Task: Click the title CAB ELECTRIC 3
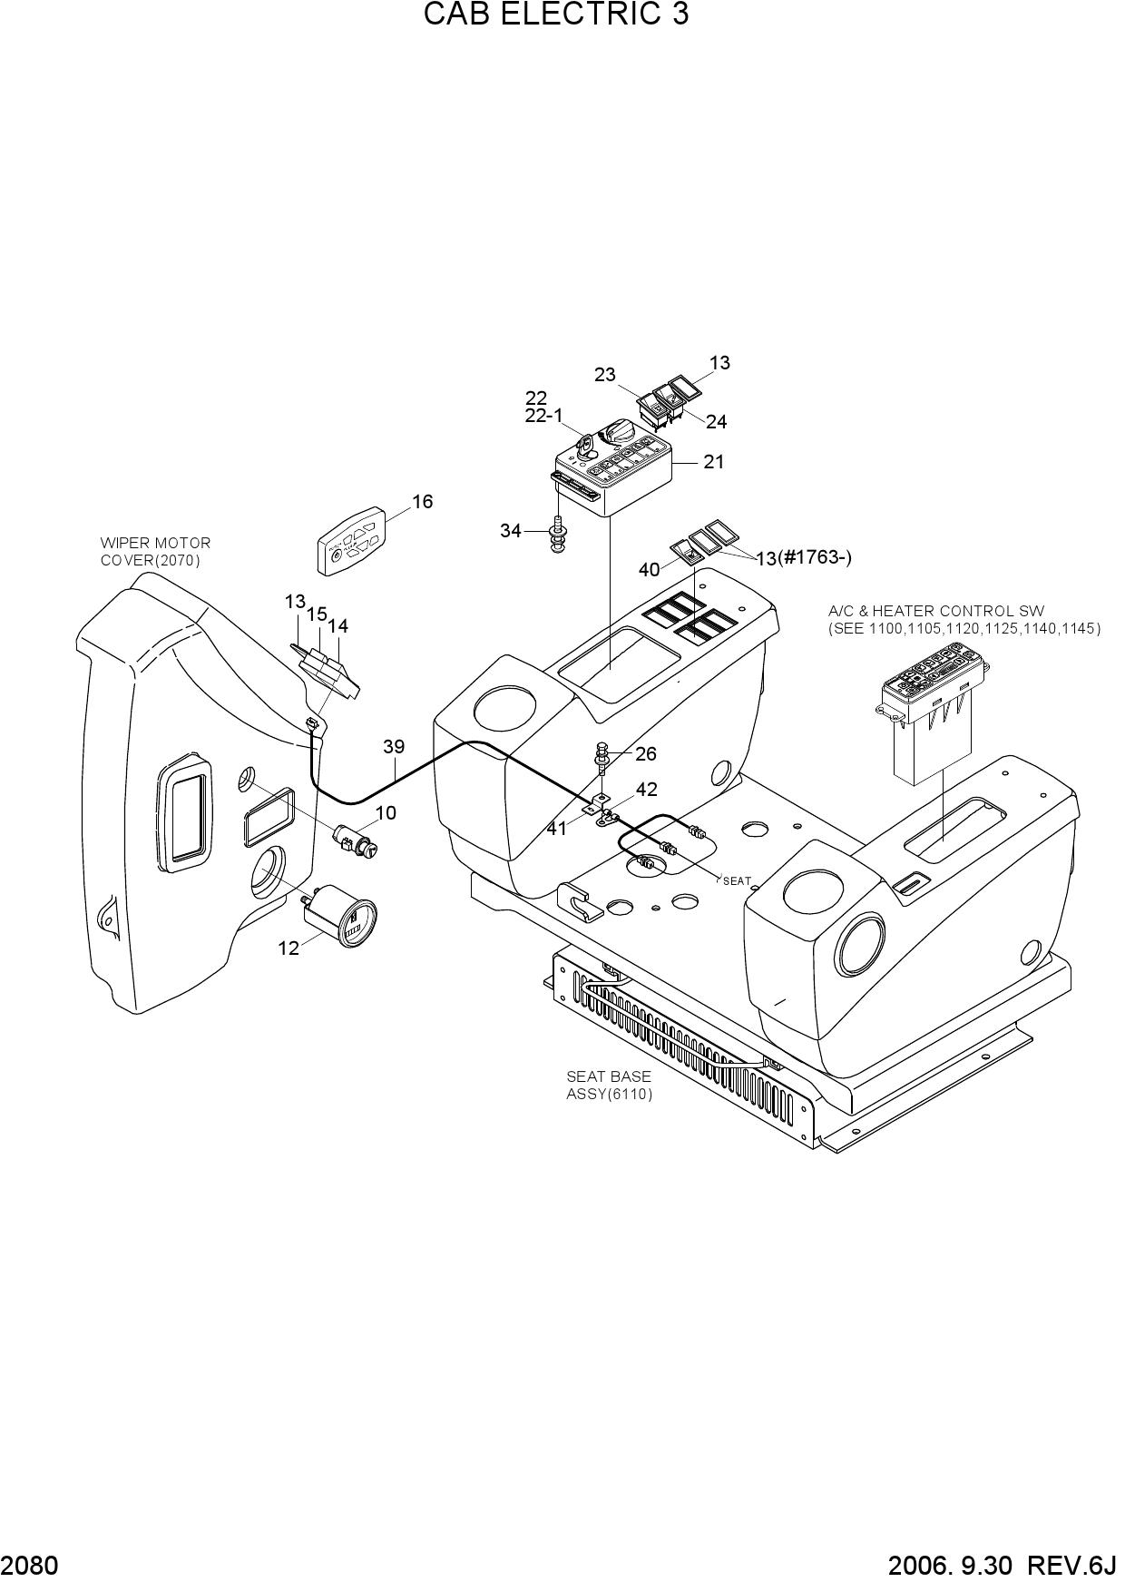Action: click(556, 15)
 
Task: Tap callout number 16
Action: click(423, 502)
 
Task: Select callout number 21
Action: click(714, 462)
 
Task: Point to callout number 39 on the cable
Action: click(394, 747)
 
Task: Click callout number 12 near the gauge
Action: click(289, 948)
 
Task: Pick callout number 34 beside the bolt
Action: click(511, 531)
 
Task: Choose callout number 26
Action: click(646, 754)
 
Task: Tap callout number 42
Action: click(647, 791)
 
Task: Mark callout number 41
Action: click(556, 828)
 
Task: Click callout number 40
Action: click(649, 570)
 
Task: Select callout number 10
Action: click(386, 813)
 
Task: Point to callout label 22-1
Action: click(543, 416)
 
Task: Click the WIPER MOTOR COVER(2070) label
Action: click(155, 551)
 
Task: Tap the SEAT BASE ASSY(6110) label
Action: click(610, 1086)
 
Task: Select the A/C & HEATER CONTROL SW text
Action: click(936, 612)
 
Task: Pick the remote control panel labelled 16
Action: click(350, 541)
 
